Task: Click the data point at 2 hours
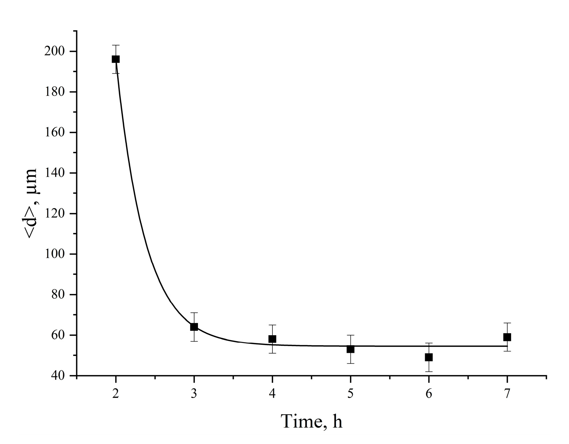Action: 115,59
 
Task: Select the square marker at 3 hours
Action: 194,327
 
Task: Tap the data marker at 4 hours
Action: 272,339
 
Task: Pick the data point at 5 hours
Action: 350,349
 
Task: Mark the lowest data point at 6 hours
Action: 429,357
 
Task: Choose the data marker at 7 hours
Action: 507,337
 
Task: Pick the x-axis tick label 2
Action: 115,394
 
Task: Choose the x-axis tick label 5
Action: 350,394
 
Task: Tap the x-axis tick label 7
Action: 507,394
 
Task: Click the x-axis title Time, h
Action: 311,421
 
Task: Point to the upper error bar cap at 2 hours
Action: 115,45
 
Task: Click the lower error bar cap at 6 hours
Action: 429,371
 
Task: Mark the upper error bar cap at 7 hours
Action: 507,323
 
